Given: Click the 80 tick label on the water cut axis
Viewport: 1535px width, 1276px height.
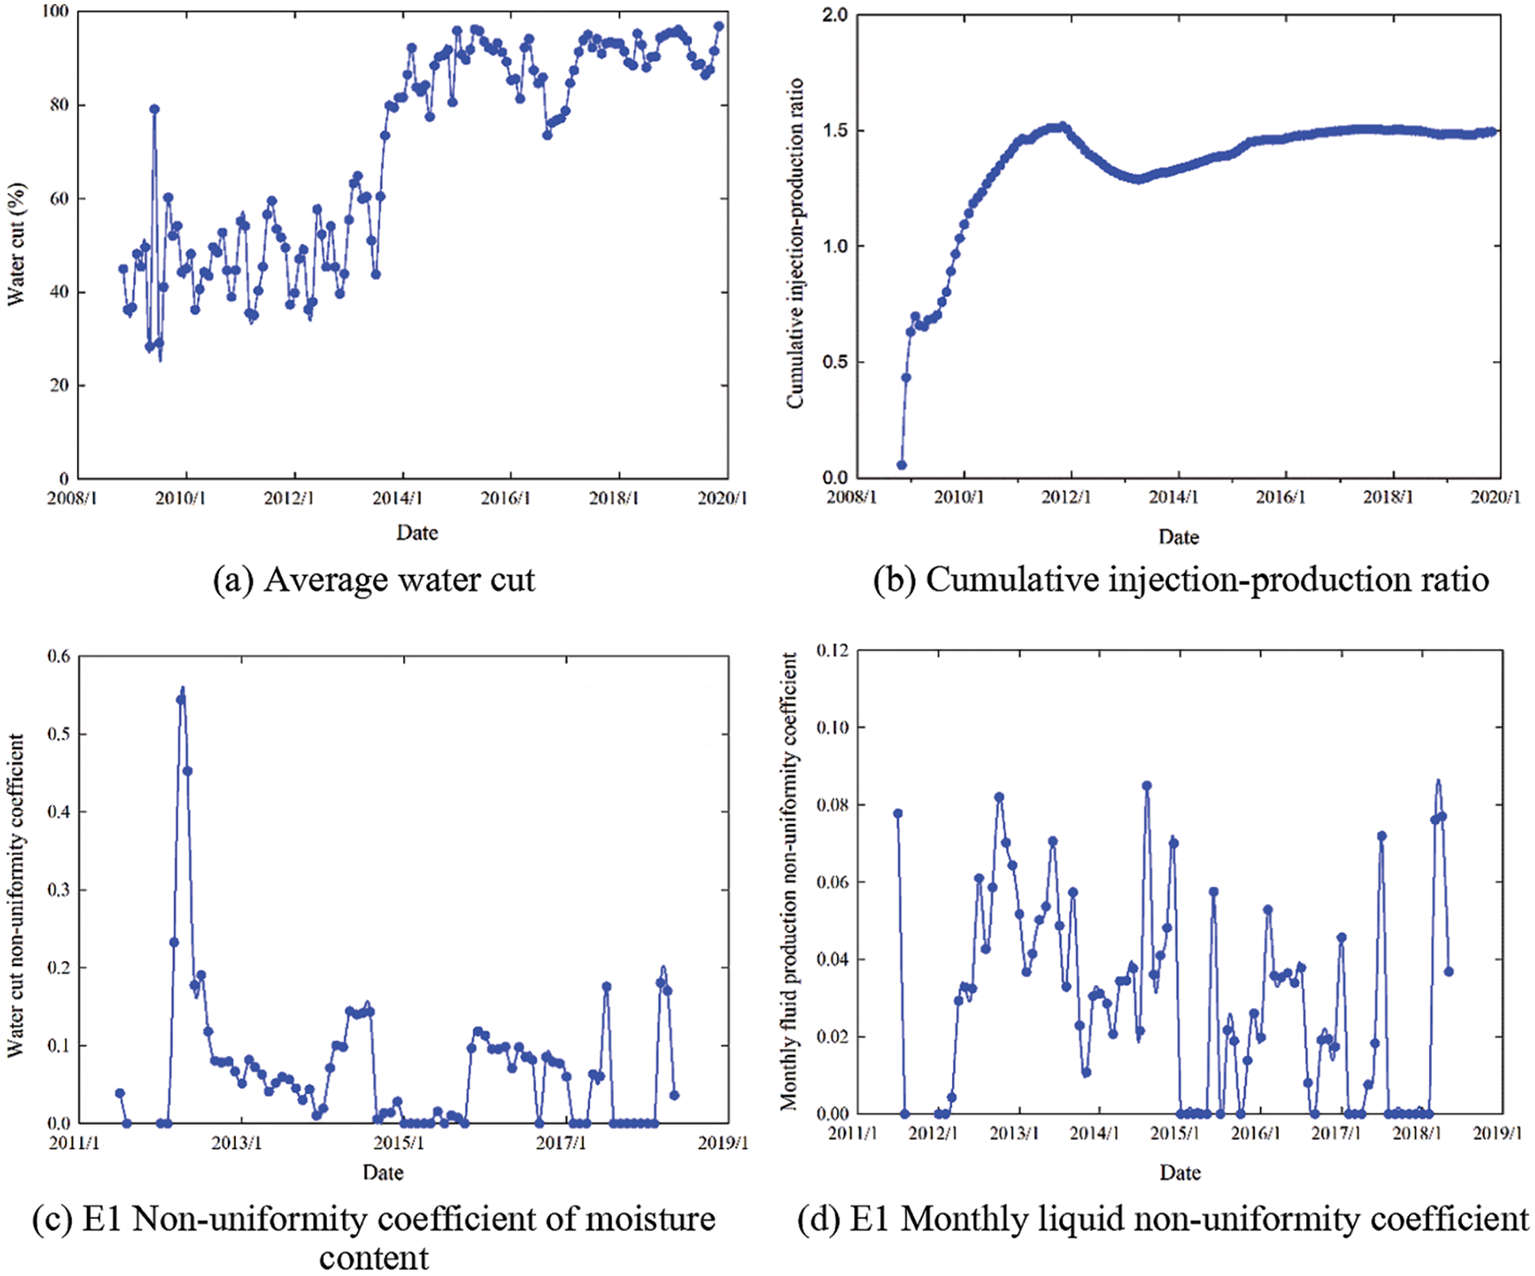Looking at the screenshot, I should [59, 105].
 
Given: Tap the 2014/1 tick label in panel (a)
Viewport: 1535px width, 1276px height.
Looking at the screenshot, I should [398, 499].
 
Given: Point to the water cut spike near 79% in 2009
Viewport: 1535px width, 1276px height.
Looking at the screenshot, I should [154, 109].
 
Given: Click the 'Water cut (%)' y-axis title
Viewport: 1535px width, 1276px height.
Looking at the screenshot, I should [16, 244].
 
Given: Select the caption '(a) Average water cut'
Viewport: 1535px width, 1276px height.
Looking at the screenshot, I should [374, 580].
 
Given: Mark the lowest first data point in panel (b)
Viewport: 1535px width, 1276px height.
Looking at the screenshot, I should [901, 465].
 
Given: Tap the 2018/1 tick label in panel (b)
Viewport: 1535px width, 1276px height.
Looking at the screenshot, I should [1388, 497].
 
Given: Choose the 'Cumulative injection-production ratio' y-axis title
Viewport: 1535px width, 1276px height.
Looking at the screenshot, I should [795, 244].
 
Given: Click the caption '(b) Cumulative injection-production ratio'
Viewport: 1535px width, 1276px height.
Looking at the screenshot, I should [1180, 580].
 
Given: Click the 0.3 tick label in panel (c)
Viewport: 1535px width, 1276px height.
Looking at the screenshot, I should [59, 890].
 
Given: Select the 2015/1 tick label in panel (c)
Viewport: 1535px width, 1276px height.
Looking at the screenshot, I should [398, 1143].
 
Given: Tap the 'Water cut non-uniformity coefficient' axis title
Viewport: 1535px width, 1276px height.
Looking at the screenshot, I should [16, 894].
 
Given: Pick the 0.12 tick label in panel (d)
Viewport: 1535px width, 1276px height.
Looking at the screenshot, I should [832, 651].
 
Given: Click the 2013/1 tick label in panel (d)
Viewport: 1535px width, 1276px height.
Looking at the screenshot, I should [1014, 1134].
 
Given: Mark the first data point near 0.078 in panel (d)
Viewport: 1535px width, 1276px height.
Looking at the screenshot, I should [897, 814].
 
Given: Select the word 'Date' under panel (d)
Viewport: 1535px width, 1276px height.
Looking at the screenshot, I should [1180, 1173].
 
